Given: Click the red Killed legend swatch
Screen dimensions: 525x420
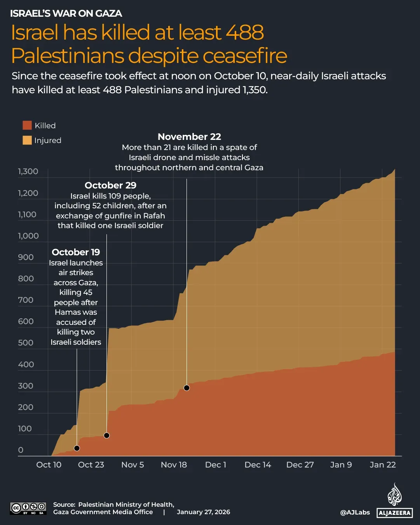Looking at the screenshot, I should (27, 125).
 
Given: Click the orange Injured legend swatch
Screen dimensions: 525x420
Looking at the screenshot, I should (27, 140).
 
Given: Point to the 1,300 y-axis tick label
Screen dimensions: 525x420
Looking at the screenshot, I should (28, 171).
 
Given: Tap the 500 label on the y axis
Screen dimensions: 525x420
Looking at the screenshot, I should (26, 343).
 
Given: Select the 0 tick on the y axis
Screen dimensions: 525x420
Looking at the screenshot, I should (21, 450).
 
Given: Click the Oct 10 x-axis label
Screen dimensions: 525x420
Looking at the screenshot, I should (49, 465).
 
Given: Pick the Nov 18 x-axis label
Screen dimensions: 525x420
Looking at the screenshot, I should (174, 465).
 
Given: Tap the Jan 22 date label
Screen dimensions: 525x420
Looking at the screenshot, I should (383, 465).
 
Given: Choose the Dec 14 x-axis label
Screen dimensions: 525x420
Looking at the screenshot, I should (258, 465).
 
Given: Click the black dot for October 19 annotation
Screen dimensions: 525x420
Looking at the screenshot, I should (77, 448).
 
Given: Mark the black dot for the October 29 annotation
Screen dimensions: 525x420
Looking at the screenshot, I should (107, 436).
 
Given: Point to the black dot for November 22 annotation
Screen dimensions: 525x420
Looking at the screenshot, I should (186, 388).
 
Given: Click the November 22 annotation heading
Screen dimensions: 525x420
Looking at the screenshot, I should (189, 137).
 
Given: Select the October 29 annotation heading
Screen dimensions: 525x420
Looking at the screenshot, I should (110, 185).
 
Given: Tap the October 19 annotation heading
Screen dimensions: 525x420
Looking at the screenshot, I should (76, 252).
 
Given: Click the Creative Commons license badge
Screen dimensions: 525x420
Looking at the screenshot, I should (28, 508).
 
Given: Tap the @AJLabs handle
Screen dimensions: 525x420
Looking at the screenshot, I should (355, 513).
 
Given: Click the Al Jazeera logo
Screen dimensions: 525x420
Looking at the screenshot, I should (394, 501).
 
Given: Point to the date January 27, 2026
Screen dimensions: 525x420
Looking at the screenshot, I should (203, 512).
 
